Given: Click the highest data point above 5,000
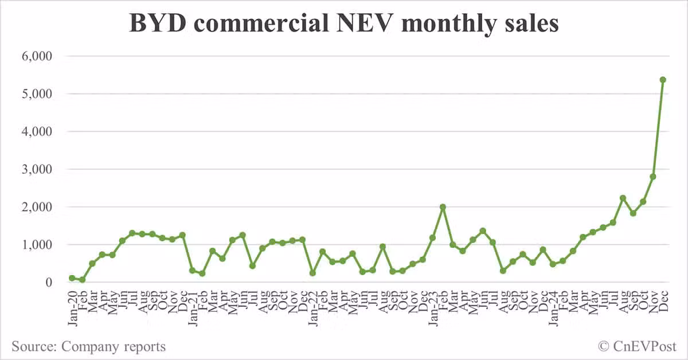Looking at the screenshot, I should click(x=663, y=80).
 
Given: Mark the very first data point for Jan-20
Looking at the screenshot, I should click(x=72, y=278).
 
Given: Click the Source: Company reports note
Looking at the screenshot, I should click(x=88, y=346).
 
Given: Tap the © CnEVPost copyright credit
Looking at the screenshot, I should click(x=637, y=346).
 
